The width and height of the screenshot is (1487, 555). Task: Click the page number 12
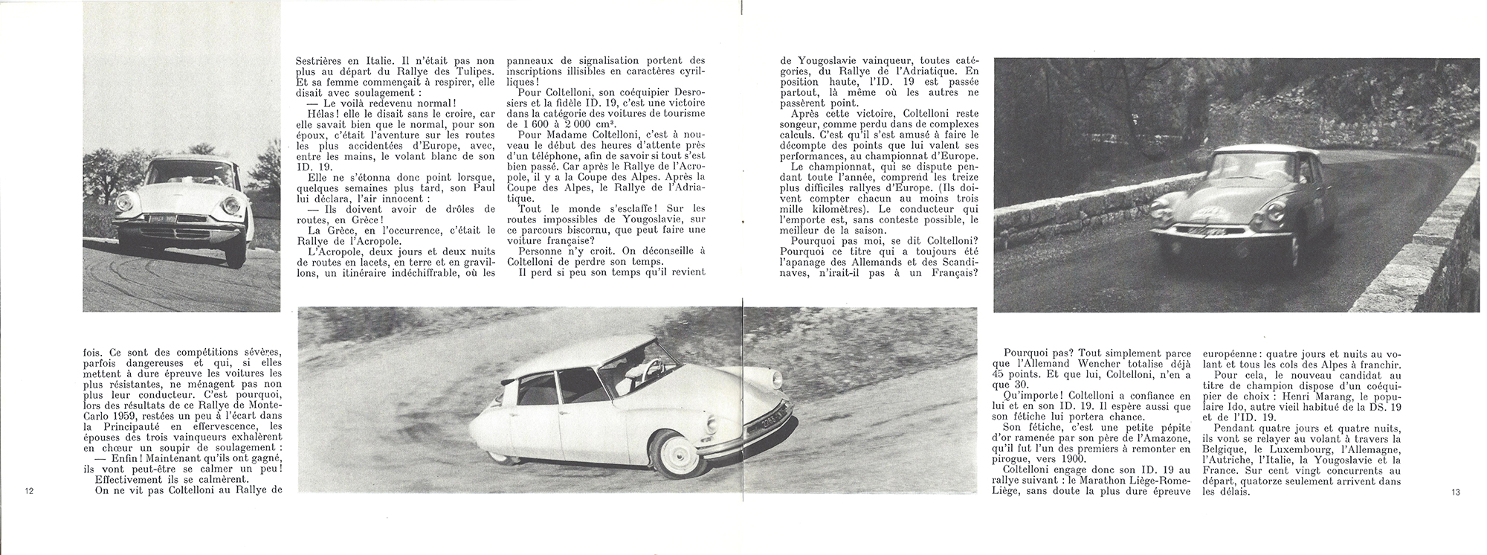29,491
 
